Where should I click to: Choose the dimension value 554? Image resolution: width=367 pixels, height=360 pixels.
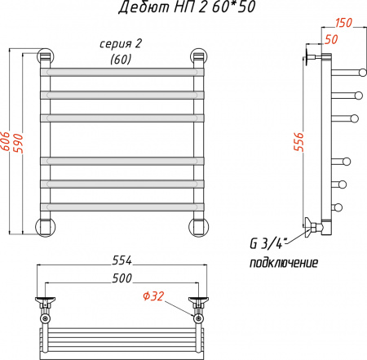point(122,260)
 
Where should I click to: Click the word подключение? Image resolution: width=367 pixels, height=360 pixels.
point(283,264)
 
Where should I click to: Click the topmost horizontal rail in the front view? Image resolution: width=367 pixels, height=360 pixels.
point(122,72)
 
